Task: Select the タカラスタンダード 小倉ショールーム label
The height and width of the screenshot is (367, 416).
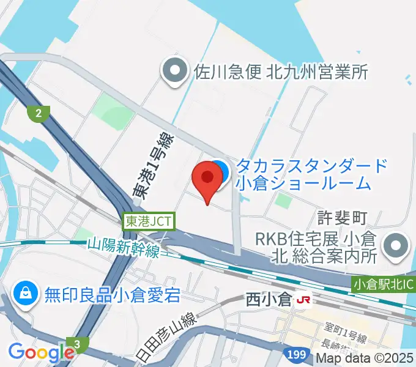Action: pyautogui.click(x=312, y=174)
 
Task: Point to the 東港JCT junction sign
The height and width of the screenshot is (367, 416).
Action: pyautogui.click(x=149, y=221)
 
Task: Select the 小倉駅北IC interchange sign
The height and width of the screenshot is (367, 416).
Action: pyautogui.click(x=384, y=284)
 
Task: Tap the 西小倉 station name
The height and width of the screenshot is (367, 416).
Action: pyautogui.click(x=268, y=300)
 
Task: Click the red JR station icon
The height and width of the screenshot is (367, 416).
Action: pyautogui.click(x=302, y=300)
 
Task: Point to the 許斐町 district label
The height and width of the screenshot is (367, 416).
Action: pyautogui.click(x=342, y=217)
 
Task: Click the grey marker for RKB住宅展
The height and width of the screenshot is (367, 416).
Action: pyautogui.click(x=396, y=247)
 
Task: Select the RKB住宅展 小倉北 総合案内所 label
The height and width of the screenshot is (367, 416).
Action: pyautogui.click(x=318, y=247)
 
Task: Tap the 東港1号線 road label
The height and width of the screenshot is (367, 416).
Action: pyautogui.click(x=154, y=166)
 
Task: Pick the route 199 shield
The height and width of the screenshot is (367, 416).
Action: pyautogui.click(x=295, y=354)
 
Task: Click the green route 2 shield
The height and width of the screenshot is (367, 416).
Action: pyautogui.click(x=39, y=113)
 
